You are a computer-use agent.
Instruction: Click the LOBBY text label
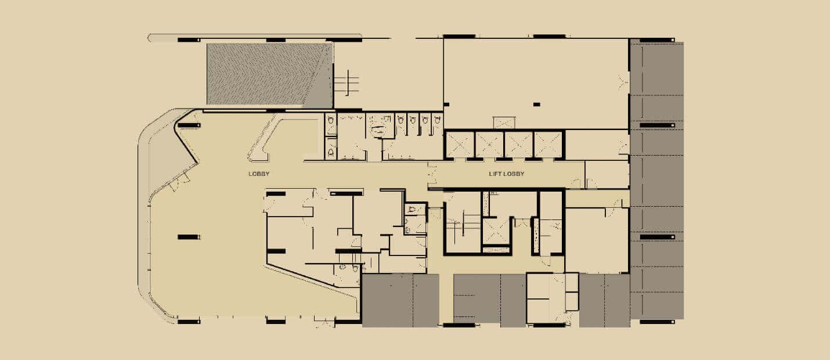259,174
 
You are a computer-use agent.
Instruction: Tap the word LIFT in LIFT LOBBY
495,174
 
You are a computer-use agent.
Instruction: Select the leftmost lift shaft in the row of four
460,145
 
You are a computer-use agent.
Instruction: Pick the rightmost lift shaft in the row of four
548,145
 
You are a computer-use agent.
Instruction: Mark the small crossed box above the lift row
504,123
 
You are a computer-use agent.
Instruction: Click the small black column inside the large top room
536,105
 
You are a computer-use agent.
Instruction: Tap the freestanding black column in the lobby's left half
189,237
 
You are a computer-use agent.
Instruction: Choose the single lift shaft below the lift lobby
496,231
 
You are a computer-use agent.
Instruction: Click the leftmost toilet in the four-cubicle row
400,120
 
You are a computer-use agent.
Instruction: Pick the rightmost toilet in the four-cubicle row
438,120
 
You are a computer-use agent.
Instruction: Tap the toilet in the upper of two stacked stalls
331,120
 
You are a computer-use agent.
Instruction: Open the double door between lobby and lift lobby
431,174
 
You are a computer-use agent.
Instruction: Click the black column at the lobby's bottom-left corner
189,322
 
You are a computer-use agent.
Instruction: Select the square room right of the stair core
597,240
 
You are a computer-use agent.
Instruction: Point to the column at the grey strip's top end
657,40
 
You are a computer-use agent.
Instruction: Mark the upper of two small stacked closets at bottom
571,283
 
